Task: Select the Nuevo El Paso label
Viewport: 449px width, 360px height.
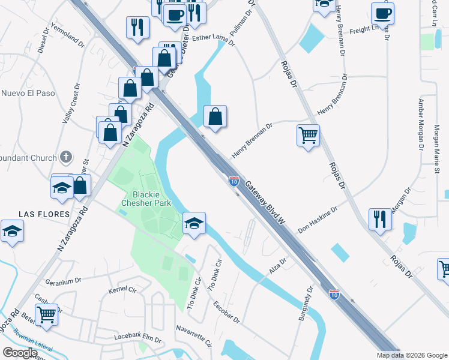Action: [28, 94]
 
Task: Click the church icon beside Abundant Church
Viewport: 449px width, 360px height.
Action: [66, 158]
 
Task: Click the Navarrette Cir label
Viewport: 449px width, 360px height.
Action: [194, 335]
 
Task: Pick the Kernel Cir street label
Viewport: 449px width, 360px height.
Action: [122, 290]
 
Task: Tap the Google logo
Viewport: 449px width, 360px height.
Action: [20, 352]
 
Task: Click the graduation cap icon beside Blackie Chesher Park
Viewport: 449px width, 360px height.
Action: [194, 224]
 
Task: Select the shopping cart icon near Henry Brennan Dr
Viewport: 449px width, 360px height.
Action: [308, 136]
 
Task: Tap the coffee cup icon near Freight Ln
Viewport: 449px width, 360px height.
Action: [382, 13]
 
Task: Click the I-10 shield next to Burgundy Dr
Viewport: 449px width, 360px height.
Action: [335, 294]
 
